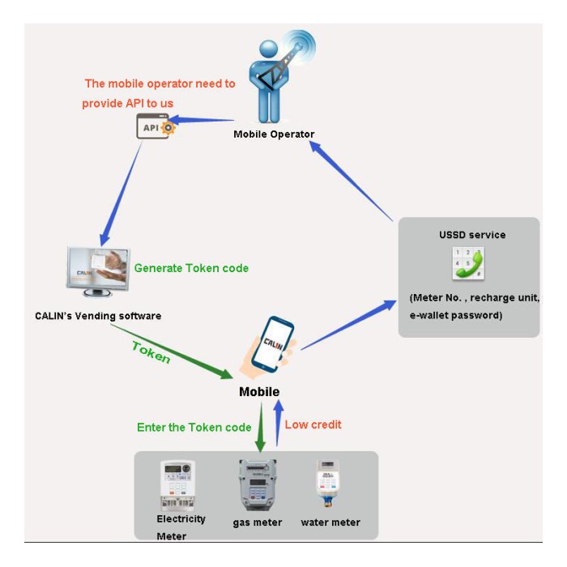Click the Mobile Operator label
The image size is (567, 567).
point(274,134)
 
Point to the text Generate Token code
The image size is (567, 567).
point(191,268)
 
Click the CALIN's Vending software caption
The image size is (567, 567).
point(98,316)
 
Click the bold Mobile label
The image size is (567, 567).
point(259,392)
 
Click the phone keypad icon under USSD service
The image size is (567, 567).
point(467,265)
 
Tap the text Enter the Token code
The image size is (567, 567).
point(194,427)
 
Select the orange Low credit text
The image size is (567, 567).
point(313,424)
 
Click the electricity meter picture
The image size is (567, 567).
point(178,484)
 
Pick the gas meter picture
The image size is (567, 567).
point(258,484)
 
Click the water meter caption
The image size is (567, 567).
point(330,522)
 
